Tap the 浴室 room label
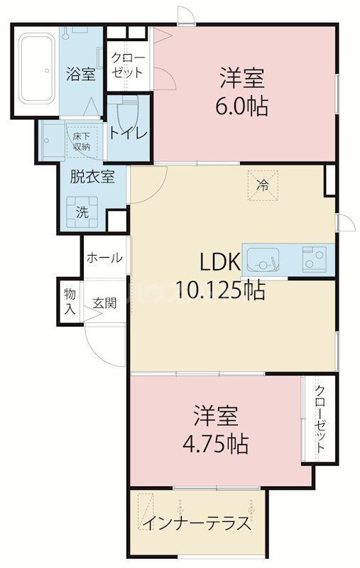pos(80,72)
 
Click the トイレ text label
pos(128,133)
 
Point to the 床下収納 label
pos(80,141)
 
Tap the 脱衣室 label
pos(87,177)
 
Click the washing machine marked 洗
pos(82,209)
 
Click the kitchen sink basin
pos(266,261)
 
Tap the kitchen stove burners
pos(314,258)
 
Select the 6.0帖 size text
pos(243,107)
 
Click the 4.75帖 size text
pos(215,444)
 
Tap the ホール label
pos(104,258)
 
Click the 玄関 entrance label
pos(104,303)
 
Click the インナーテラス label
pos(197,525)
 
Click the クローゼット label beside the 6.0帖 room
pos(128,65)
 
